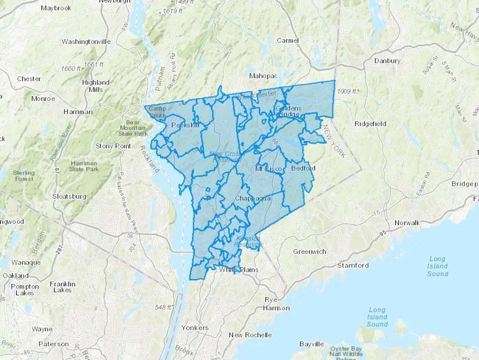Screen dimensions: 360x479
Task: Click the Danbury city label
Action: (387, 61)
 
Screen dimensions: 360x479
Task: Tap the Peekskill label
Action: (185, 125)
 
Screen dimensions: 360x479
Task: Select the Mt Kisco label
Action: (268, 169)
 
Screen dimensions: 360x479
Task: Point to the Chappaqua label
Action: (253, 198)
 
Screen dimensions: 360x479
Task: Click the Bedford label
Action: (303, 168)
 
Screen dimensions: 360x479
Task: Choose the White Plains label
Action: (238, 270)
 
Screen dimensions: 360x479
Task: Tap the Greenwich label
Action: (309, 251)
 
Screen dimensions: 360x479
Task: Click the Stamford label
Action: (353, 265)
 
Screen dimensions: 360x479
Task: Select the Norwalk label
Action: (407, 223)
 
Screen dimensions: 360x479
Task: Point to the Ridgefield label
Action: (370, 124)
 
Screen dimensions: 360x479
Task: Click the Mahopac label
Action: (263, 76)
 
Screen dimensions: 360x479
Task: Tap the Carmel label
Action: (288, 41)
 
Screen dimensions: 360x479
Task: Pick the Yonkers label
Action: (195, 328)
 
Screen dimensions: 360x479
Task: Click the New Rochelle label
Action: (250, 335)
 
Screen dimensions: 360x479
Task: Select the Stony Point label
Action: (113, 146)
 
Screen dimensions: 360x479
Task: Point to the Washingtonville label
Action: (86, 42)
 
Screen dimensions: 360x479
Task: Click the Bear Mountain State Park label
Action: (133, 128)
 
